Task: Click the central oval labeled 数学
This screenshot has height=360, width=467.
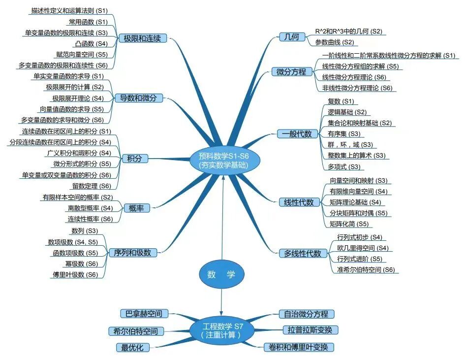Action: click(221, 274)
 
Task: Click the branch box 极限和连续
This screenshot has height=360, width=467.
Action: click(142, 38)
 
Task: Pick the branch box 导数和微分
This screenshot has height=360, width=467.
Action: click(138, 98)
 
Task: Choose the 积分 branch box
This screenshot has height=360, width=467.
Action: click(135, 158)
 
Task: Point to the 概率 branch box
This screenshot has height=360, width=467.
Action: click(136, 208)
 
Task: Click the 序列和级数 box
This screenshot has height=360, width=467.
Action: click(132, 253)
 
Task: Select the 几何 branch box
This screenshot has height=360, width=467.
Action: click(292, 37)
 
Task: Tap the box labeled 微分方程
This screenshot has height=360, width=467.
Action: click(292, 71)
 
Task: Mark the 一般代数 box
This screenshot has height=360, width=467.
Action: click(297, 133)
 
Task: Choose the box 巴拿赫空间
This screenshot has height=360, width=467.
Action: click(144, 314)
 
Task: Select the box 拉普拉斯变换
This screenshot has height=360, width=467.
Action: click(310, 330)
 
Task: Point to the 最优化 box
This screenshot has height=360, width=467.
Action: click(132, 348)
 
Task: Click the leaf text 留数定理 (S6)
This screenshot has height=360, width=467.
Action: click(92, 186)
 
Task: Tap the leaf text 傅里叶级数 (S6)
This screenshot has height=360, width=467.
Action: click(75, 274)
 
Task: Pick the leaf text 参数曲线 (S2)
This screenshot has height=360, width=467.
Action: click(335, 42)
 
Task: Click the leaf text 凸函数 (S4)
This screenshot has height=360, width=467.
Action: click(91, 43)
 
